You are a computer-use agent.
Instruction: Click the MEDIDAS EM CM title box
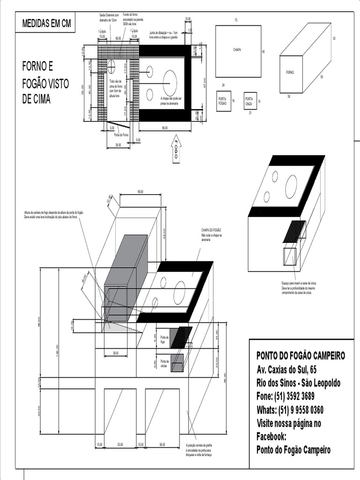click(46, 24)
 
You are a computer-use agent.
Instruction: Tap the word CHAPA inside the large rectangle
click(237, 50)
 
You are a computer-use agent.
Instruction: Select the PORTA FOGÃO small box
click(223, 101)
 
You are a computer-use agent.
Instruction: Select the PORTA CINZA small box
click(250, 101)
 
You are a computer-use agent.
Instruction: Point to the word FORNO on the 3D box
click(290, 73)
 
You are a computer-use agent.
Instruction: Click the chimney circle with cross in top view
click(112, 64)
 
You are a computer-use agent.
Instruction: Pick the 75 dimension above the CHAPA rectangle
click(236, 20)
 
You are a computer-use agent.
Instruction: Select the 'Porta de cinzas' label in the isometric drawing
click(164, 363)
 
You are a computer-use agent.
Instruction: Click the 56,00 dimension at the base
click(163, 444)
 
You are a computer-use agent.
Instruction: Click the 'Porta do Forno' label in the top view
click(121, 135)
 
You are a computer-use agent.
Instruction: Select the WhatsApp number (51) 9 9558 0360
click(290, 410)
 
